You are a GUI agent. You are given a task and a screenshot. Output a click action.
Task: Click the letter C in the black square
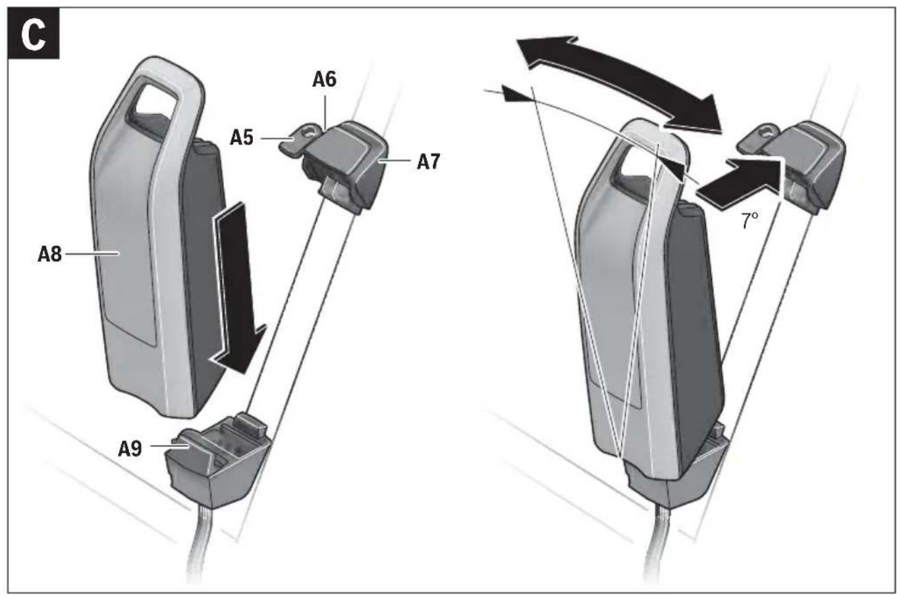pos(33,34)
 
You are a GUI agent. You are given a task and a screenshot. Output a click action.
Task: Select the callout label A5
pos(242,138)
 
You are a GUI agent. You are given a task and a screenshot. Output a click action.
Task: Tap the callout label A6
pos(324,80)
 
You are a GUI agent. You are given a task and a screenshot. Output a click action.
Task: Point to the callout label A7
pos(428,161)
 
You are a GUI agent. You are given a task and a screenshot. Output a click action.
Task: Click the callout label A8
pos(49,253)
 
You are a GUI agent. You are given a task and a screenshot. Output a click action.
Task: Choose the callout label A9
pos(130,448)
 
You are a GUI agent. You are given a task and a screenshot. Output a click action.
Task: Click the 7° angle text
pos(749,221)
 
